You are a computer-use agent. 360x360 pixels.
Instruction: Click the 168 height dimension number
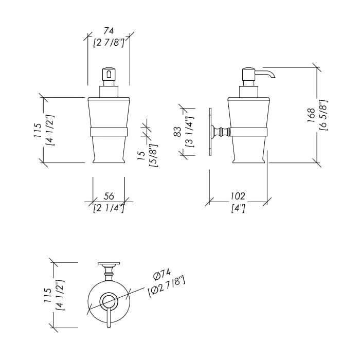311,116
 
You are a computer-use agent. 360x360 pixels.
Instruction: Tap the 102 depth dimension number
238,196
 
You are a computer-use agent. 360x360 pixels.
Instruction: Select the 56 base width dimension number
109,196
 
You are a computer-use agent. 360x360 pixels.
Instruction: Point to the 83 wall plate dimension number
178,132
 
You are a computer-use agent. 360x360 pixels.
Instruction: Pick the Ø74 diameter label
162,274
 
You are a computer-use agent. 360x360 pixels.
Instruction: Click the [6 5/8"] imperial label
323,116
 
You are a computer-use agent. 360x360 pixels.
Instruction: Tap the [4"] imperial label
238,208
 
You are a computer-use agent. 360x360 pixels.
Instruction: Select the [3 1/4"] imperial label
190,132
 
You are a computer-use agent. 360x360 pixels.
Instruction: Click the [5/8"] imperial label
153,156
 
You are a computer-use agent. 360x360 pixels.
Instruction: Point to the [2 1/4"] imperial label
109,208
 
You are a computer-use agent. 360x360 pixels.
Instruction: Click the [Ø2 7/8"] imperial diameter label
167,287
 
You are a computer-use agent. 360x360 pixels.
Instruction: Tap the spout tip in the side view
273,78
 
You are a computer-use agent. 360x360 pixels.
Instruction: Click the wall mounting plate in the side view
210,132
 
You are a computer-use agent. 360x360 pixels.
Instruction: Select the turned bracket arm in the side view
221,132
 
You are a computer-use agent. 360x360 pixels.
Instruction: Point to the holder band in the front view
109,132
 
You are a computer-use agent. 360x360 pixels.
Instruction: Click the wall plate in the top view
109,263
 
